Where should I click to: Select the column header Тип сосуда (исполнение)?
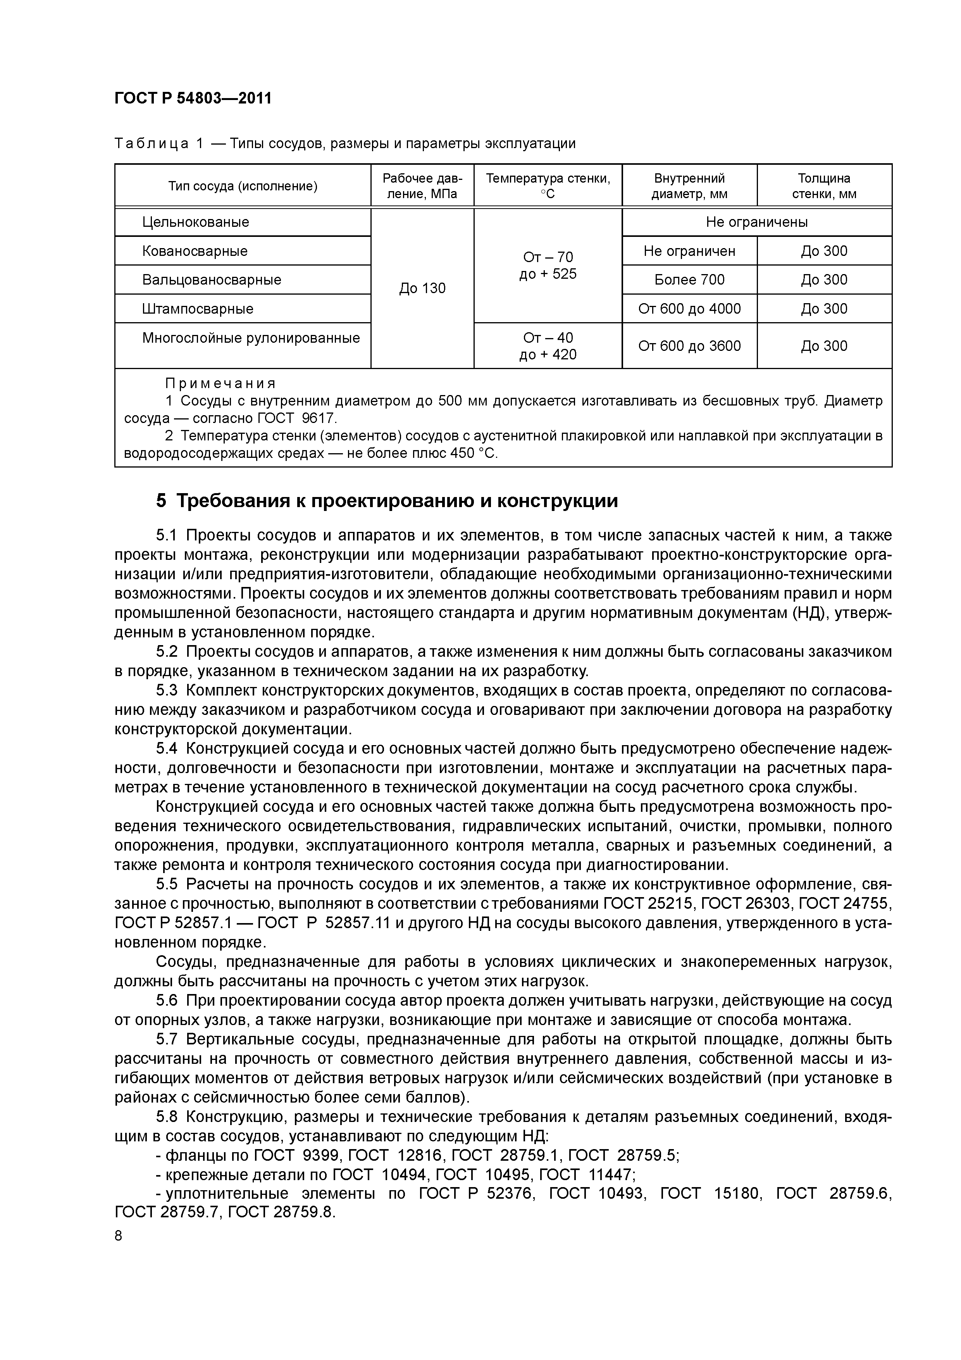[x=243, y=186]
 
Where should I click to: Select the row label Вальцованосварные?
[x=212, y=280]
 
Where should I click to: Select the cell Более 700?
[x=689, y=280]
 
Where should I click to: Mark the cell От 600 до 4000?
[x=689, y=309]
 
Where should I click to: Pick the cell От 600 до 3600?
[x=689, y=346]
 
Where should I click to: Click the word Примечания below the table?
[x=220, y=384]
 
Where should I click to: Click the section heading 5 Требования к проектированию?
[x=387, y=501]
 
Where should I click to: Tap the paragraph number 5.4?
[x=166, y=749]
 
